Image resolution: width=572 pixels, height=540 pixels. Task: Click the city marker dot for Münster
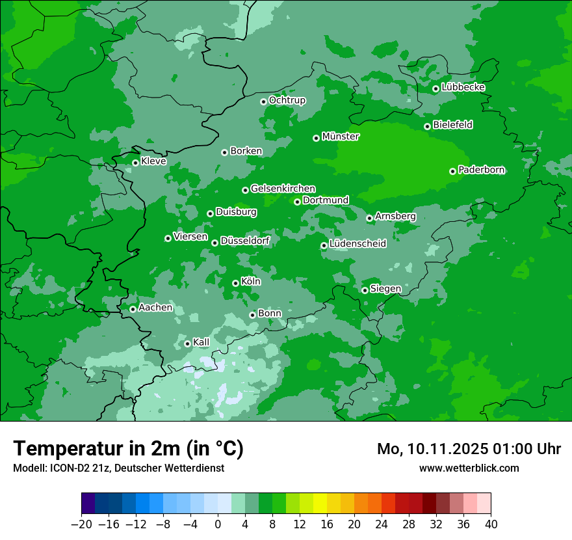(x=316, y=138)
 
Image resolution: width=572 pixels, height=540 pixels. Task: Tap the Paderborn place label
(x=481, y=170)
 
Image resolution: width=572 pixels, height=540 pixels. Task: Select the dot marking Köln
(x=235, y=283)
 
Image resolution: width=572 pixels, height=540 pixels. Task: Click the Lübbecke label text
(x=463, y=87)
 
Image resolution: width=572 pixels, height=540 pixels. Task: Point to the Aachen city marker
(x=133, y=309)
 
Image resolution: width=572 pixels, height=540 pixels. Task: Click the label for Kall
(x=201, y=342)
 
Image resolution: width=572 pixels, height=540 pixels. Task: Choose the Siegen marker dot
(x=365, y=290)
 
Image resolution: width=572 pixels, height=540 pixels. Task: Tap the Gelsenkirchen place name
(x=283, y=189)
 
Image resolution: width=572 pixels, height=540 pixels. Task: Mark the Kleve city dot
(x=135, y=163)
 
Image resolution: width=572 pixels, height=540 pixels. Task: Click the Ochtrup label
(x=287, y=100)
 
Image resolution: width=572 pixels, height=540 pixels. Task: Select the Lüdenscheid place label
(x=357, y=244)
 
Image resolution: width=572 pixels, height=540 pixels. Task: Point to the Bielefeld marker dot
(x=427, y=126)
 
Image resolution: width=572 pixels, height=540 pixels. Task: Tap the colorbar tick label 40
(x=491, y=524)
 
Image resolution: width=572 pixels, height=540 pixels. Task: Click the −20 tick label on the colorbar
(x=81, y=524)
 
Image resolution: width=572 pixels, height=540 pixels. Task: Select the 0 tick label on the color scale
(x=218, y=524)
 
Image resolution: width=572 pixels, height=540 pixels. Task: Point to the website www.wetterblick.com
(x=469, y=468)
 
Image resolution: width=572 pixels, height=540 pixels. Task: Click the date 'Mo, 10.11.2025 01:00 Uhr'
(x=469, y=449)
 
